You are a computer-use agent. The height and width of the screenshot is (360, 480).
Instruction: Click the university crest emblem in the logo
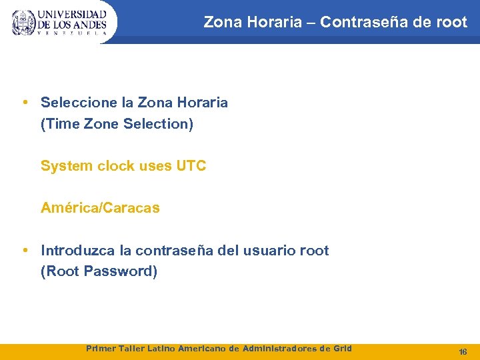24,22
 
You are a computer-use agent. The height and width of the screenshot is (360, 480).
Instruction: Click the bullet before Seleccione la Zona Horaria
25,103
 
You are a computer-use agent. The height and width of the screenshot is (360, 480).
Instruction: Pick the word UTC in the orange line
191,166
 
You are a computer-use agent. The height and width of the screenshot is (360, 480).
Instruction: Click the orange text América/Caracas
100,208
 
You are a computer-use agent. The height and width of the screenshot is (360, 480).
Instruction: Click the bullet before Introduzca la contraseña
25,251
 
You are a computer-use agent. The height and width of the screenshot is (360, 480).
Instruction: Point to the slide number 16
463,351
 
